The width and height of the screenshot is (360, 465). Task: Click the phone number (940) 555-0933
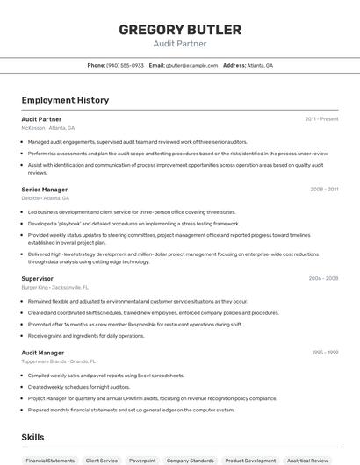(125, 65)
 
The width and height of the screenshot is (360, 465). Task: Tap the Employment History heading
(65, 100)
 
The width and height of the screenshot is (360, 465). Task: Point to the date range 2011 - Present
(321, 118)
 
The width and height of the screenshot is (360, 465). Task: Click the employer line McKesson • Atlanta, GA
(48, 127)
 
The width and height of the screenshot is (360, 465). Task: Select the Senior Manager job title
(44, 190)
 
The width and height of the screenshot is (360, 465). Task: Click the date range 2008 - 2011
(324, 190)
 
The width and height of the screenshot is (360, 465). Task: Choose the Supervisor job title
(37, 278)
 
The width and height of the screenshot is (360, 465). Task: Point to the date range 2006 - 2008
(323, 278)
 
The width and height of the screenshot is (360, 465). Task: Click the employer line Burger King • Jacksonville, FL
(55, 287)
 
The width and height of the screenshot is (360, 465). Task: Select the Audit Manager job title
(42, 353)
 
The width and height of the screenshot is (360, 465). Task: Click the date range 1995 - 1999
(325, 353)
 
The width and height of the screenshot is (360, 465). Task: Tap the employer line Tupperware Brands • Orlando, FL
(58, 361)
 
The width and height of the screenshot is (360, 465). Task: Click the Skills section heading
(32, 436)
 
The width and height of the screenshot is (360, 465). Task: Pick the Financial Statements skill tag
(50, 460)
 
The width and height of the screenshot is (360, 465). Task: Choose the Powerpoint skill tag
(142, 460)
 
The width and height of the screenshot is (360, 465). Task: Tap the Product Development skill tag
(250, 460)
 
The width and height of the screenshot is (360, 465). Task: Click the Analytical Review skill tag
(307, 460)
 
